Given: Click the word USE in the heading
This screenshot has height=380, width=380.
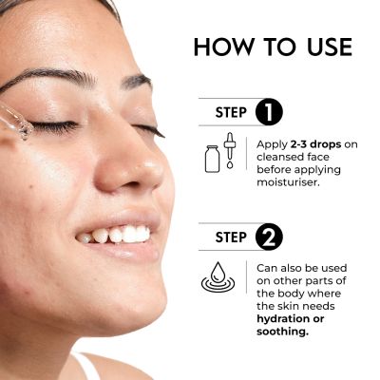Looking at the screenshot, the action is (x=330, y=47).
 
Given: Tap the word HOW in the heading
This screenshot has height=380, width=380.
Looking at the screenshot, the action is (x=224, y=47).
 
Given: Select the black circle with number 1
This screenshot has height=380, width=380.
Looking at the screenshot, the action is (x=269, y=112).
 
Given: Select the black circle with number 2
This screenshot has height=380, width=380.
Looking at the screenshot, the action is (x=269, y=237).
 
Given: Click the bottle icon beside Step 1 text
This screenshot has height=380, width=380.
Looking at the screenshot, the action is (x=212, y=159).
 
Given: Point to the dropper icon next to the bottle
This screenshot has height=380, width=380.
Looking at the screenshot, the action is (x=229, y=150).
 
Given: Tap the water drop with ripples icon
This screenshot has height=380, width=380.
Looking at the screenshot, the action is (x=218, y=276).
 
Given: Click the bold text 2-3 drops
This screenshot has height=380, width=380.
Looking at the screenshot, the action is (x=315, y=144).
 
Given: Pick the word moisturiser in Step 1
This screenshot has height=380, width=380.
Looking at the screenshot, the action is (x=288, y=182).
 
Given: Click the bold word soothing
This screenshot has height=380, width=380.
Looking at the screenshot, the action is (x=282, y=332).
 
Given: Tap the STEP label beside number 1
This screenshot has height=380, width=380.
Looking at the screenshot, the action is (x=231, y=112).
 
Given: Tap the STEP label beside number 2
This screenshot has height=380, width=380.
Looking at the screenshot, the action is (x=231, y=237).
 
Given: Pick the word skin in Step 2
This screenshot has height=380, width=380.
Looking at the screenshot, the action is (x=290, y=306).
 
